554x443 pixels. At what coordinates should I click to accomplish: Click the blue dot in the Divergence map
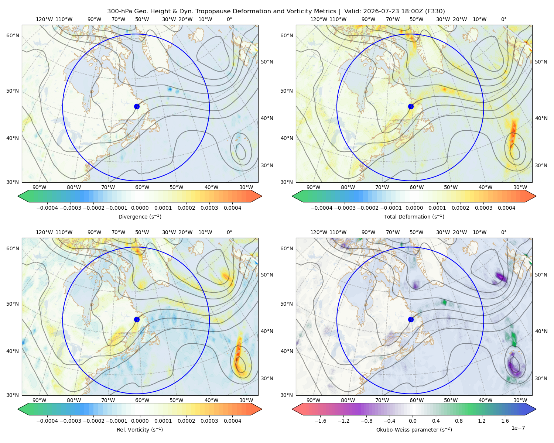pos(137,106)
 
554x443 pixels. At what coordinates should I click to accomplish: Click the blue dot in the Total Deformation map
pos(411,106)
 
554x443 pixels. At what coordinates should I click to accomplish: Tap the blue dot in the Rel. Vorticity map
pos(137,319)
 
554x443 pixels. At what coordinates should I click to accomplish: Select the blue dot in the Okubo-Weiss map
pos(411,319)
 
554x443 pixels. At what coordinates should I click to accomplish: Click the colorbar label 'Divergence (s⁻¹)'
pos(140,216)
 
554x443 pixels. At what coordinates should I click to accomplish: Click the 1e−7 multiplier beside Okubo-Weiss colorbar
pos(518,428)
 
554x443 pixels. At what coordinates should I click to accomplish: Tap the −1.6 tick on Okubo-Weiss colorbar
pos(320,421)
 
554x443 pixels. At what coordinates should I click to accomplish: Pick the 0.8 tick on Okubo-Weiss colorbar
pos(459,421)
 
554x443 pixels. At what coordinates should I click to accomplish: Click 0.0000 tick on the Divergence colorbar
pos(140,208)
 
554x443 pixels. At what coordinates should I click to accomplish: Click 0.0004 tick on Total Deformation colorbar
pos(506,208)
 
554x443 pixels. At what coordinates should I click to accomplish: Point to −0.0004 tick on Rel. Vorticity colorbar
pos(47,421)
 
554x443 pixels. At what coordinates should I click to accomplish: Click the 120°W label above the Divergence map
pos(44,19)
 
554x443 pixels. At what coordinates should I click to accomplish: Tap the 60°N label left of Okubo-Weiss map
pos(287,248)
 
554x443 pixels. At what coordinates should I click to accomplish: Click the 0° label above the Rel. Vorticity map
pos(229,232)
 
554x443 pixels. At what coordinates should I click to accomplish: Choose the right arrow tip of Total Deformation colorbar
pos(536,196)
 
